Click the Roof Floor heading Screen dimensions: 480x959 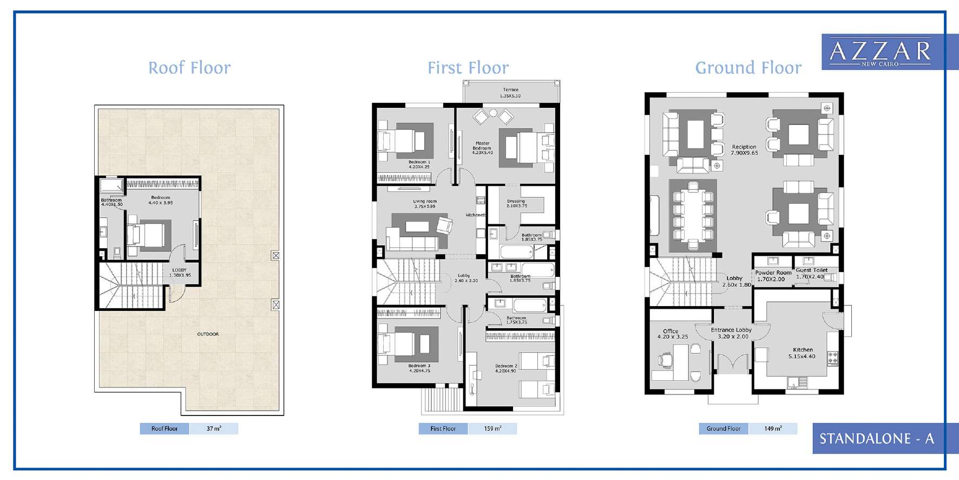point(189,68)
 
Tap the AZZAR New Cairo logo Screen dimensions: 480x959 point(880,52)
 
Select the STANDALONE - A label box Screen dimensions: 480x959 point(877,438)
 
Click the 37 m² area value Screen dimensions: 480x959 point(214,429)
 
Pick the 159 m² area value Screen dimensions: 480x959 point(492,429)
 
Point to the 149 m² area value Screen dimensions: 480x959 point(773,429)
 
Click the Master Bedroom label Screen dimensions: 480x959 point(482,148)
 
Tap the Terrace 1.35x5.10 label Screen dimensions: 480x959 point(510,93)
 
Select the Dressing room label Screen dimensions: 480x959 point(516,203)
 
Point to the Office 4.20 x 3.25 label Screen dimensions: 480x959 point(672,334)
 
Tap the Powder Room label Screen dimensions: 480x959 point(772,276)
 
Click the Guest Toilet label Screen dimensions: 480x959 point(811,273)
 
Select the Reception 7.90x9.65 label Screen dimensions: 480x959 point(744,150)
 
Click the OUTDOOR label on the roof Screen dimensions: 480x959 point(208,334)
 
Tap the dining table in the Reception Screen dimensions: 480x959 point(693,216)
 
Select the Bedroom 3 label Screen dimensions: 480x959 point(419,368)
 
